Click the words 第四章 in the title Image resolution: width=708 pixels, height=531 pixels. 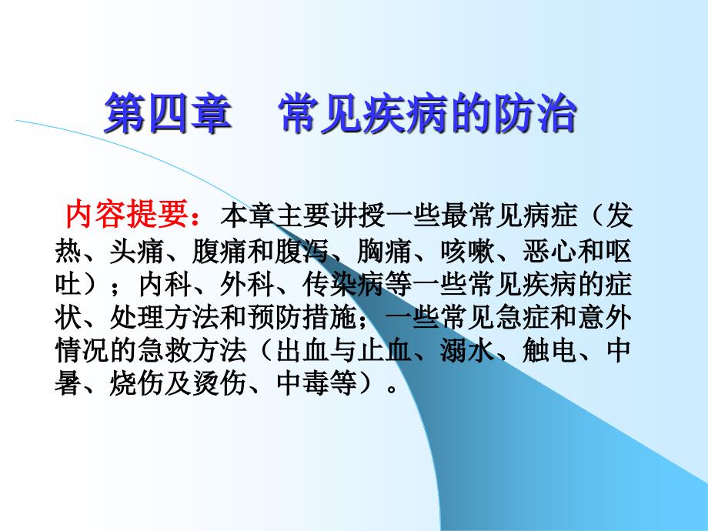[168, 113]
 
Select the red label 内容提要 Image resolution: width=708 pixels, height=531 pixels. [127, 214]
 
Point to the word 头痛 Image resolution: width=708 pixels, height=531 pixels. [136, 251]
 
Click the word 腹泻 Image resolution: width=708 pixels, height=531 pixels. [302, 251]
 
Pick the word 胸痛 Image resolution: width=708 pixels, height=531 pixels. [384, 251]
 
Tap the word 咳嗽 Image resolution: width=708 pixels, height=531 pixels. [467, 251]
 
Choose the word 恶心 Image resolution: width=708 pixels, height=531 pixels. [550, 251]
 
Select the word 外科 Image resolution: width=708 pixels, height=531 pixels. [247, 285]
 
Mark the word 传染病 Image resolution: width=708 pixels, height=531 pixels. [343, 285]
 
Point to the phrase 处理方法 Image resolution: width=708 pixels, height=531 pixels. [165, 318]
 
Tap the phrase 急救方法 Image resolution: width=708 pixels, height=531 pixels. [192, 351]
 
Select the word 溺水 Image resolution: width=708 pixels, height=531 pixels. [467, 351]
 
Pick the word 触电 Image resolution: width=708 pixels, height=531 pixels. [550, 351]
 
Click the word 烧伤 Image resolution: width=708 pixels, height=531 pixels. [136, 384]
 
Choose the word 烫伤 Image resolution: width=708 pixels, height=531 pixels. [219, 384]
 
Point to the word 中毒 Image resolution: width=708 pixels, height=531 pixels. [302, 384]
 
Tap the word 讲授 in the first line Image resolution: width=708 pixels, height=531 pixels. [357, 216]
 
